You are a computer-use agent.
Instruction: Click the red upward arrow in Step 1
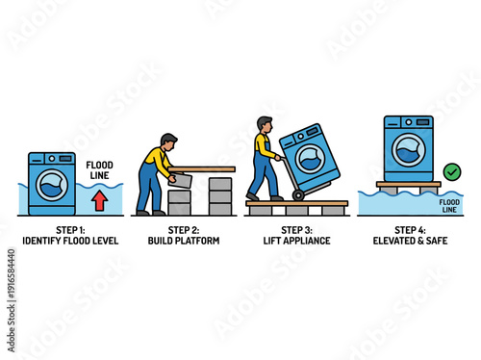tap(98, 199)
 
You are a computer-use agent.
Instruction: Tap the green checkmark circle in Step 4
tap(451, 171)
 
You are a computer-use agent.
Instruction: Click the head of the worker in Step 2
tap(168, 141)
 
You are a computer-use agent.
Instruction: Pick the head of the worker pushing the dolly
tap(266, 123)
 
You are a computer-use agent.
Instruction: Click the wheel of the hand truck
tap(299, 194)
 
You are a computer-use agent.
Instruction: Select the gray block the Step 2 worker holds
tap(179, 180)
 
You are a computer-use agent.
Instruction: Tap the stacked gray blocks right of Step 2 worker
tap(220, 195)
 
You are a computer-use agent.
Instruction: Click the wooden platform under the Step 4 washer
tap(409, 184)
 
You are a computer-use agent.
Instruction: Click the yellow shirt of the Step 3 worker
tap(261, 144)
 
